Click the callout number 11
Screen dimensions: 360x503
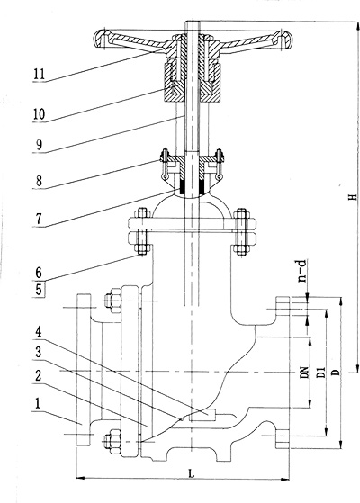point(39,74)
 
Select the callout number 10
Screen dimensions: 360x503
point(39,114)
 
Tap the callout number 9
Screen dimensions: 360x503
point(39,145)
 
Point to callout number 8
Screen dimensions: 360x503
point(39,181)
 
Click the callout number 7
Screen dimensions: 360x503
point(39,219)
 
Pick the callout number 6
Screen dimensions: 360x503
point(39,273)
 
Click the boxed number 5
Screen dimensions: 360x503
point(39,290)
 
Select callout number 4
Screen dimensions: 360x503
point(39,332)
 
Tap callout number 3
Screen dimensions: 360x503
point(39,353)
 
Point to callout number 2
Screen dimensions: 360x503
point(39,375)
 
